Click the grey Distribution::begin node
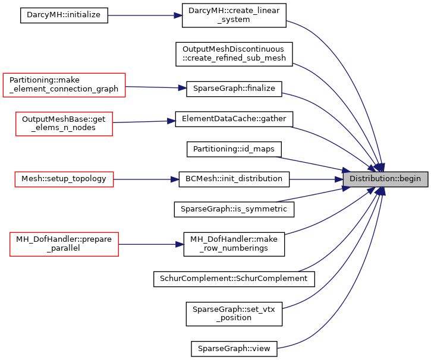click(x=385, y=179)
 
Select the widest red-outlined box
click(x=64, y=84)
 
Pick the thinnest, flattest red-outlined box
click(x=64, y=179)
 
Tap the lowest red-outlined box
click(x=64, y=244)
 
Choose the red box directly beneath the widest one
click(x=64, y=124)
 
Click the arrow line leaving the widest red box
click(x=152, y=87)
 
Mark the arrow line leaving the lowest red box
click(x=149, y=244)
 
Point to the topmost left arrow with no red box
click(x=143, y=15)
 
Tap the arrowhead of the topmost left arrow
click(x=179, y=15)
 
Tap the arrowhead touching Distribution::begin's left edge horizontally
click(x=339, y=179)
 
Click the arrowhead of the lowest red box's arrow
click(x=180, y=244)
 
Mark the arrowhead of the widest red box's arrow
click(x=183, y=88)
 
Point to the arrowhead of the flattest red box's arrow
click(x=175, y=179)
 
